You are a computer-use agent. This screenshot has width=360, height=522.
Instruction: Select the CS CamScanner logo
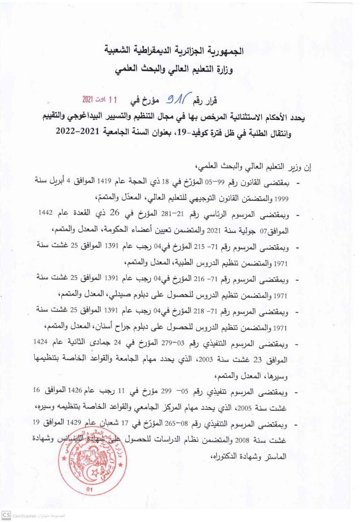(6, 516)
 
